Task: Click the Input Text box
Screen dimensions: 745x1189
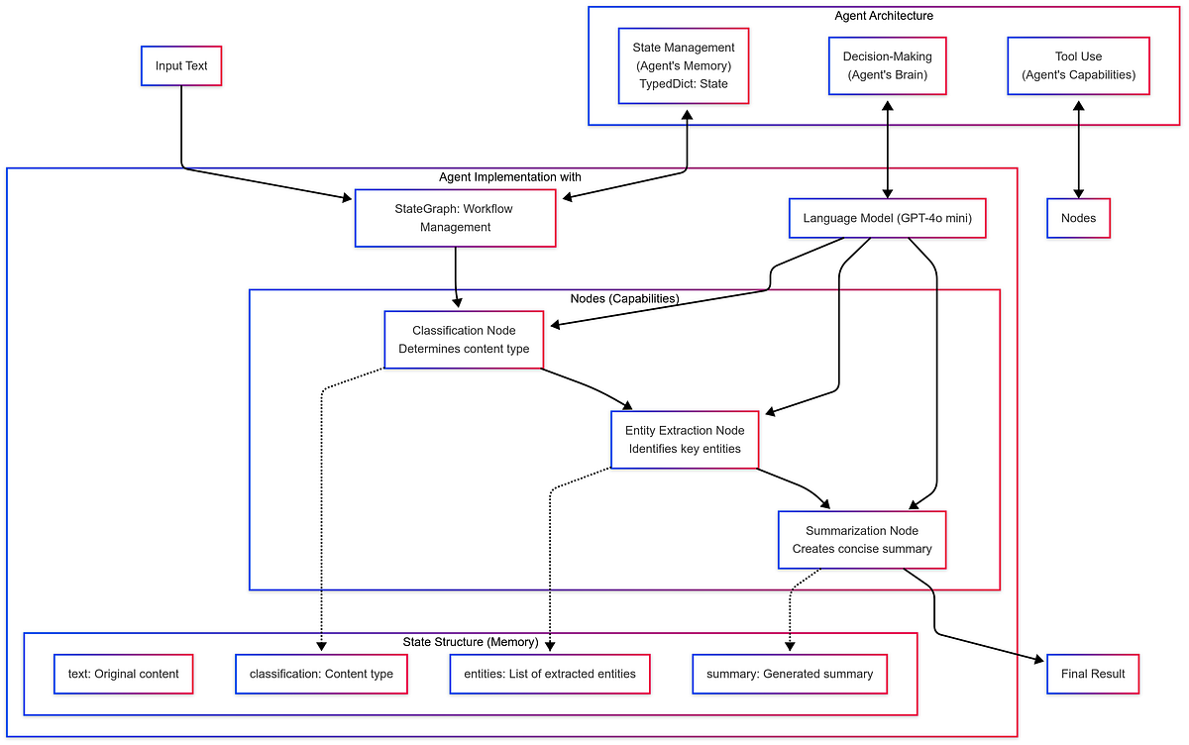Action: pos(181,66)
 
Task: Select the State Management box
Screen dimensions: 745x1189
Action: pos(684,66)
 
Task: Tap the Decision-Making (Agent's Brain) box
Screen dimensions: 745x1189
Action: pos(887,65)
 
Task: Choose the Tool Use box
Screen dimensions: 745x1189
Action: pos(1078,65)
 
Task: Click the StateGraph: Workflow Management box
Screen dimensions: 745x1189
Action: pos(455,218)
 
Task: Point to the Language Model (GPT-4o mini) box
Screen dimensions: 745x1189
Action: pos(887,218)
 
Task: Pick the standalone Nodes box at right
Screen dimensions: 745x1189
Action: pos(1078,218)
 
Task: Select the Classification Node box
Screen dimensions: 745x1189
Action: pos(464,340)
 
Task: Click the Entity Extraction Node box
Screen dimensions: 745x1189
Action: pos(685,440)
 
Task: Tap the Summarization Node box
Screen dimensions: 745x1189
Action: pos(862,540)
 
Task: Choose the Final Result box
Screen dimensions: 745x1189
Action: pos(1093,674)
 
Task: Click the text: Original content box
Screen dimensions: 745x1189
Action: pos(123,674)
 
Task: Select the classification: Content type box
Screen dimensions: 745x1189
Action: pos(321,674)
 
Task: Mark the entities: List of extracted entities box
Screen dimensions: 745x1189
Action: pos(550,674)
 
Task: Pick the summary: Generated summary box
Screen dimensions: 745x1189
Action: pos(790,674)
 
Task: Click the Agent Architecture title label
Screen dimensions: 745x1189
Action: pos(884,15)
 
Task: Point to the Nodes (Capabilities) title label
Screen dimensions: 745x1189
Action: pos(624,298)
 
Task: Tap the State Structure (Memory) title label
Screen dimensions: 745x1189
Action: pos(470,642)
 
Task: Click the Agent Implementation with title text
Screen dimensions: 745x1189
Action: pos(510,176)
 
